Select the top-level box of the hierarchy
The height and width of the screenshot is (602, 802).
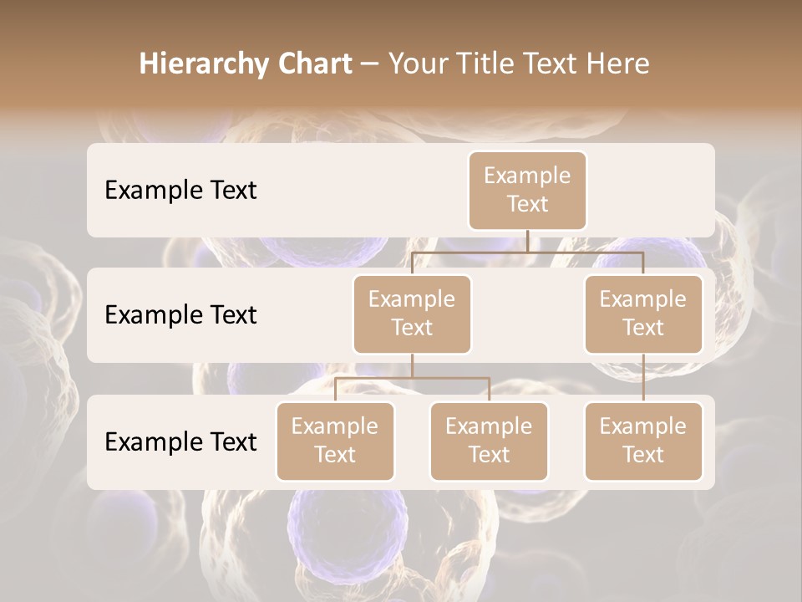click(527, 190)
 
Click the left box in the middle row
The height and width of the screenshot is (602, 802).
click(412, 314)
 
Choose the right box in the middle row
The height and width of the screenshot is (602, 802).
click(643, 314)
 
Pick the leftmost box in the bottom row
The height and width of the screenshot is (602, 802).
click(335, 441)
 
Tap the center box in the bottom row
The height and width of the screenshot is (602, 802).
click(489, 441)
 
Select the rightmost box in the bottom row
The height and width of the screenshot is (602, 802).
click(643, 441)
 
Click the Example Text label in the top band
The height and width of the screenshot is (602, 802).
click(180, 191)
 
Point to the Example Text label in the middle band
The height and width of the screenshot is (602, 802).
click(180, 315)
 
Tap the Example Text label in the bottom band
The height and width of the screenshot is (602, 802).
click(180, 442)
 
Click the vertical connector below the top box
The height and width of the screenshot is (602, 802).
click(527, 241)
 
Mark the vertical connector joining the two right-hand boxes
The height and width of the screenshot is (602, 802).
click(643, 378)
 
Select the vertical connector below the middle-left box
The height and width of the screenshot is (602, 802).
click(412, 365)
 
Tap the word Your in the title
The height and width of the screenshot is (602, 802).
click(416, 64)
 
